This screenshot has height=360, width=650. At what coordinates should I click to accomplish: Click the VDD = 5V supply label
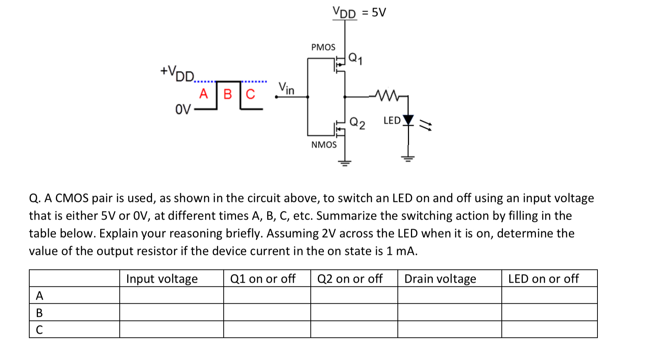(359, 13)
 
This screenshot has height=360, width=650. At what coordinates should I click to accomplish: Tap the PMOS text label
(323, 47)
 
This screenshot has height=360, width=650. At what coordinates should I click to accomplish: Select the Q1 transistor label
(355, 59)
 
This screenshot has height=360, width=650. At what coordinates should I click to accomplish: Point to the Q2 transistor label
(357, 123)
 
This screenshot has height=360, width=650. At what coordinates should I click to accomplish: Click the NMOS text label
(324, 145)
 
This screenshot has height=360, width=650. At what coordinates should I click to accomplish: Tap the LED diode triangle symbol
(408, 120)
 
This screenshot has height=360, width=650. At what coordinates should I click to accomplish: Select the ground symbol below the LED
(408, 158)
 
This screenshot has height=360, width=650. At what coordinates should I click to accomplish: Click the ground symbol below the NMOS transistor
(345, 163)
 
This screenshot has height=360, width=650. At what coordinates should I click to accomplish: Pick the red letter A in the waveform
(203, 94)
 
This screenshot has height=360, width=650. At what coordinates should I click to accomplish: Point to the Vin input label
(286, 89)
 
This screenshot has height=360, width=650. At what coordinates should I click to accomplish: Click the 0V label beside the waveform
(183, 110)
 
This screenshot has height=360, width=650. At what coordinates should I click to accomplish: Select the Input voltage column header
(162, 279)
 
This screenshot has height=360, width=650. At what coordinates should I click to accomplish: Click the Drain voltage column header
(440, 279)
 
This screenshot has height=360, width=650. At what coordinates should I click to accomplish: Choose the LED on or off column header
(543, 279)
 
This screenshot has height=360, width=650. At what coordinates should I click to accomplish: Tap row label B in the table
(39, 313)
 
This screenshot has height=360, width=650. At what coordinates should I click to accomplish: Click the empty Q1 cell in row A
(267, 295)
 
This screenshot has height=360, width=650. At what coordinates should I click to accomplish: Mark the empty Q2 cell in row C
(354, 330)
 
